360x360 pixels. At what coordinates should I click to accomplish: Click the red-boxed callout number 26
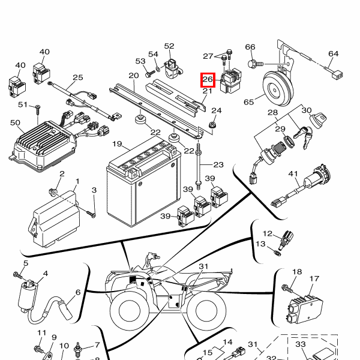[208, 79]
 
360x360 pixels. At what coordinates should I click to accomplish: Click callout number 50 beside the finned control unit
[16, 122]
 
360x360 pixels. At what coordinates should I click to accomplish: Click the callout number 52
[169, 46]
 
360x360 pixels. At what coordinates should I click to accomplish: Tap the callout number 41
[293, 174]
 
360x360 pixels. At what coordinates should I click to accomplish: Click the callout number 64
[334, 54]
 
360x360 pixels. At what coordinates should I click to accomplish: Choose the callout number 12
[268, 233]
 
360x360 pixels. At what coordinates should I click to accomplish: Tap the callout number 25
[78, 77]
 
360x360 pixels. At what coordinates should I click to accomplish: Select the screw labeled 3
[91, 212]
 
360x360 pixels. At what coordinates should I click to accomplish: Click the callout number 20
[133, 76]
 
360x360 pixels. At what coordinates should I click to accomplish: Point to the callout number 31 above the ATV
[203, 266]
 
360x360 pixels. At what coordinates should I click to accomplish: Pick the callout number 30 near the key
[306, 110]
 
